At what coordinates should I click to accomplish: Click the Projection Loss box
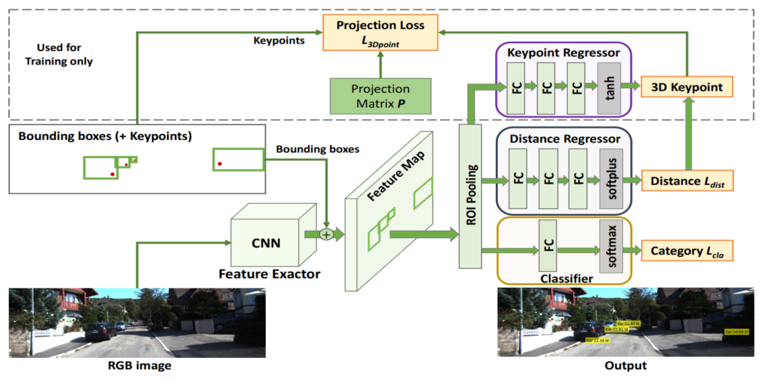click(381, 32)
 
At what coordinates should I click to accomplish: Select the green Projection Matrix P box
click(381, 95)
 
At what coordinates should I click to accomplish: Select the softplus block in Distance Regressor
click(610, 180)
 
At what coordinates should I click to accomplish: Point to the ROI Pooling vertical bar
click(470, 195)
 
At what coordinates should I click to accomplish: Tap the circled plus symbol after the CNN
click(326, 234)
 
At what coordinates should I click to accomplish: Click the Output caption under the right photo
click(625, 366)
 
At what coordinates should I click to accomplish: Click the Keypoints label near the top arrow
click(280, 40)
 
